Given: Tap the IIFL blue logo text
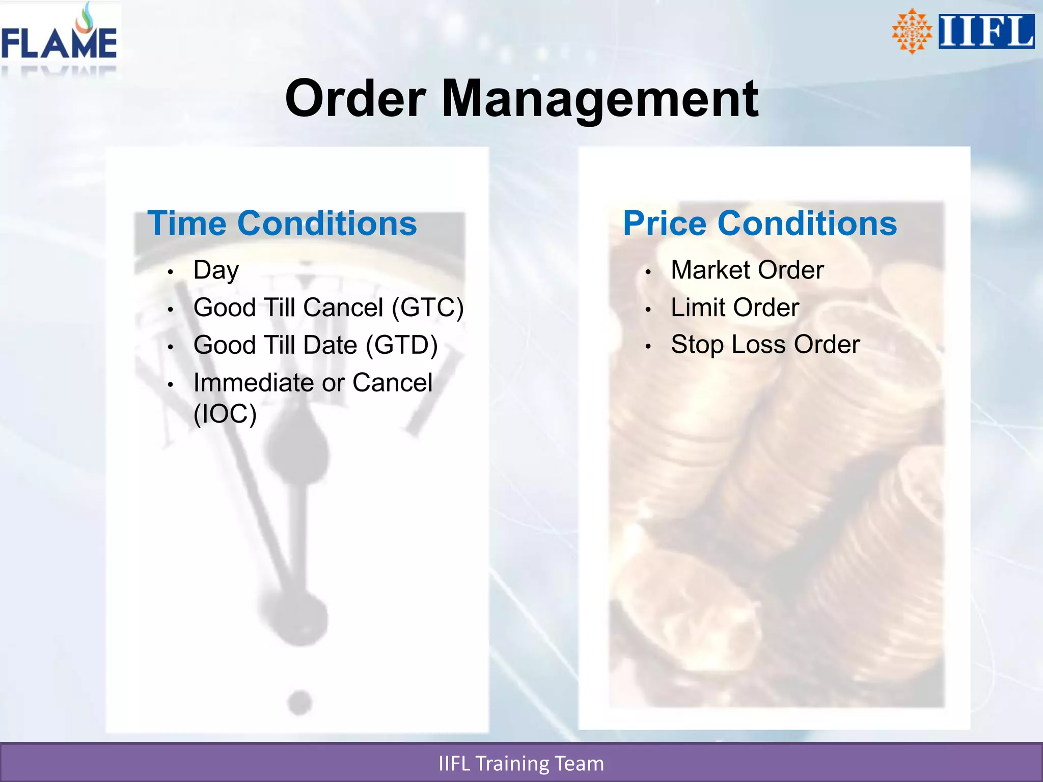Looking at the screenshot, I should coord(986,32).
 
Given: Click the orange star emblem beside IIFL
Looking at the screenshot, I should coord(912,32).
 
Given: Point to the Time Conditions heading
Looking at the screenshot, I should coord(282,224).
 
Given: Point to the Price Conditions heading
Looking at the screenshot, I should coord(760,224).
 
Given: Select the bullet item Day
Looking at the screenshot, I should coord(216,270).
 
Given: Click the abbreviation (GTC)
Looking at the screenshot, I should coord(428,308).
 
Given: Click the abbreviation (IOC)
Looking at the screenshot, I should coord(225,413).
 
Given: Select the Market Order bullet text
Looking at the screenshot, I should coord(747,270).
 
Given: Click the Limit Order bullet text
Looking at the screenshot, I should coord(735,308).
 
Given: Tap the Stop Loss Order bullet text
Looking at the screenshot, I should coord(765,345).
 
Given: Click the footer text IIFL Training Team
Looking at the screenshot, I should coord(521,764).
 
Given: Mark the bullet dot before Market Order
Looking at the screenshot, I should coord(648,272).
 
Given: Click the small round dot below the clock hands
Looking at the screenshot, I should coord(299,703).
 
